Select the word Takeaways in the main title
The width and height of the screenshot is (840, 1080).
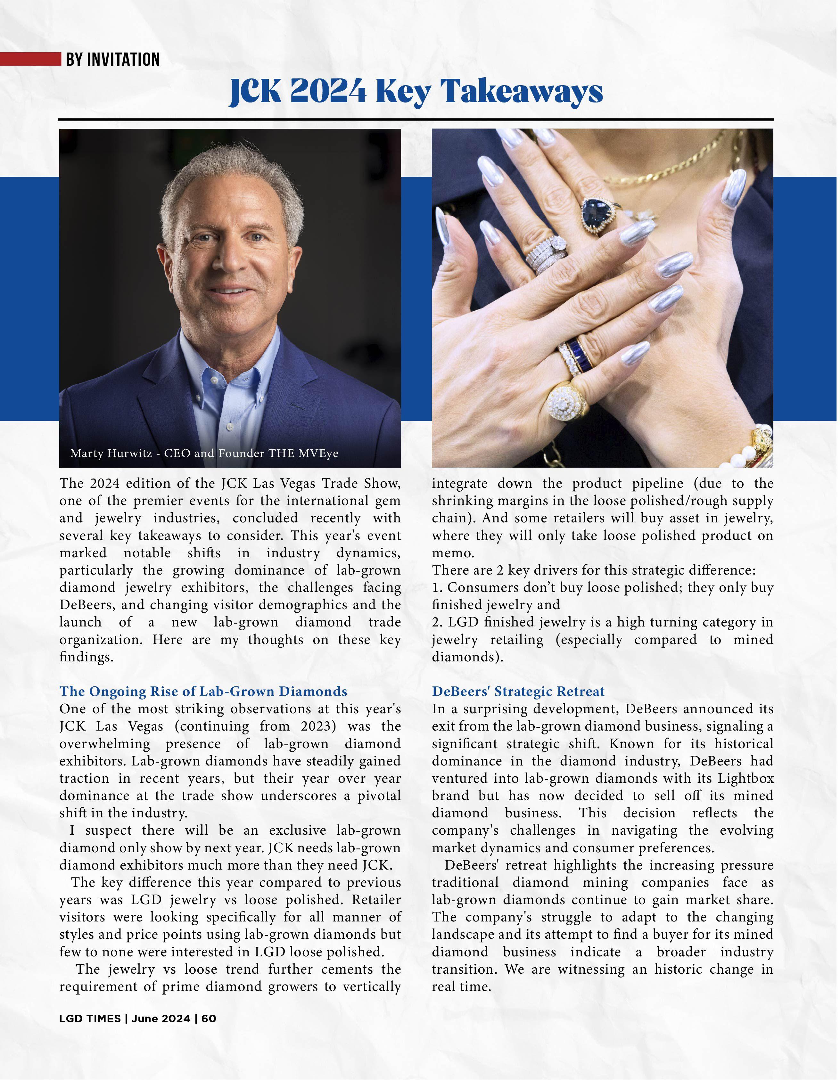click(x=522, y=92)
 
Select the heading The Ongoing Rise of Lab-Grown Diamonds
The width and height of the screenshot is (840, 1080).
click(x=203, y=691)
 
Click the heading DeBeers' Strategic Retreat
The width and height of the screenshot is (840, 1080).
click(x=518, y=691)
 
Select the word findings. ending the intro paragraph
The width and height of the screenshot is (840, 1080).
click(x=86, y=657)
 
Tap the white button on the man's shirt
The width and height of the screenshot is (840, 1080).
click(x=229, y=426)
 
